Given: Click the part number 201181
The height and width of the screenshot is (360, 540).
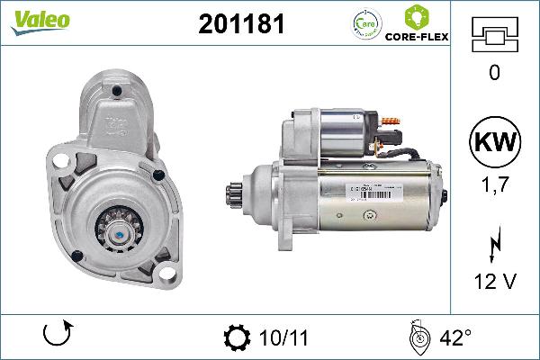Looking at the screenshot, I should tap(240, 25).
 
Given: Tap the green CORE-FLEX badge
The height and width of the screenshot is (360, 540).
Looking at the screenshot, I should tap(416, 26).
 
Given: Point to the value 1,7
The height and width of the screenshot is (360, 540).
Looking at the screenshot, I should tap(493, 184).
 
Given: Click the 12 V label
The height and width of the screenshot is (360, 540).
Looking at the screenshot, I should tap(493, 281).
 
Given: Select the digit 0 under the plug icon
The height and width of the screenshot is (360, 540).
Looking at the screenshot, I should tap(493, 74).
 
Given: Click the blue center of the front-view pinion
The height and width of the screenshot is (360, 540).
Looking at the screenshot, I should tap(119, 232).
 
